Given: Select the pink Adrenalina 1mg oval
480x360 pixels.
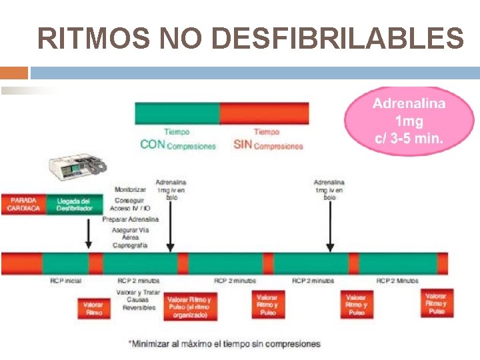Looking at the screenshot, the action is coord(409,121).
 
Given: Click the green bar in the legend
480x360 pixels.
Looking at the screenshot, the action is coord(177,113).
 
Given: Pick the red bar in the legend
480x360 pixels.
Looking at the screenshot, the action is coord(264,113).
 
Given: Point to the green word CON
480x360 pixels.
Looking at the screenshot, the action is coord(152,145).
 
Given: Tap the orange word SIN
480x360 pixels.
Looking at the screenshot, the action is coord(243,145).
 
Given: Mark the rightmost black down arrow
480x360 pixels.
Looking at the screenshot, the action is coord(329,227).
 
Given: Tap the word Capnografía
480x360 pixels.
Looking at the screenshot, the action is coord(131,245).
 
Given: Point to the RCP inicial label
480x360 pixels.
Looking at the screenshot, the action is coord(66,281).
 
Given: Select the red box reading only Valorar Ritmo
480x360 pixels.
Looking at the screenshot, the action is coord(94,308).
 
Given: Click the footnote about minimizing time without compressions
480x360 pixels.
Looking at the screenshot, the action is coord(224,344).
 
